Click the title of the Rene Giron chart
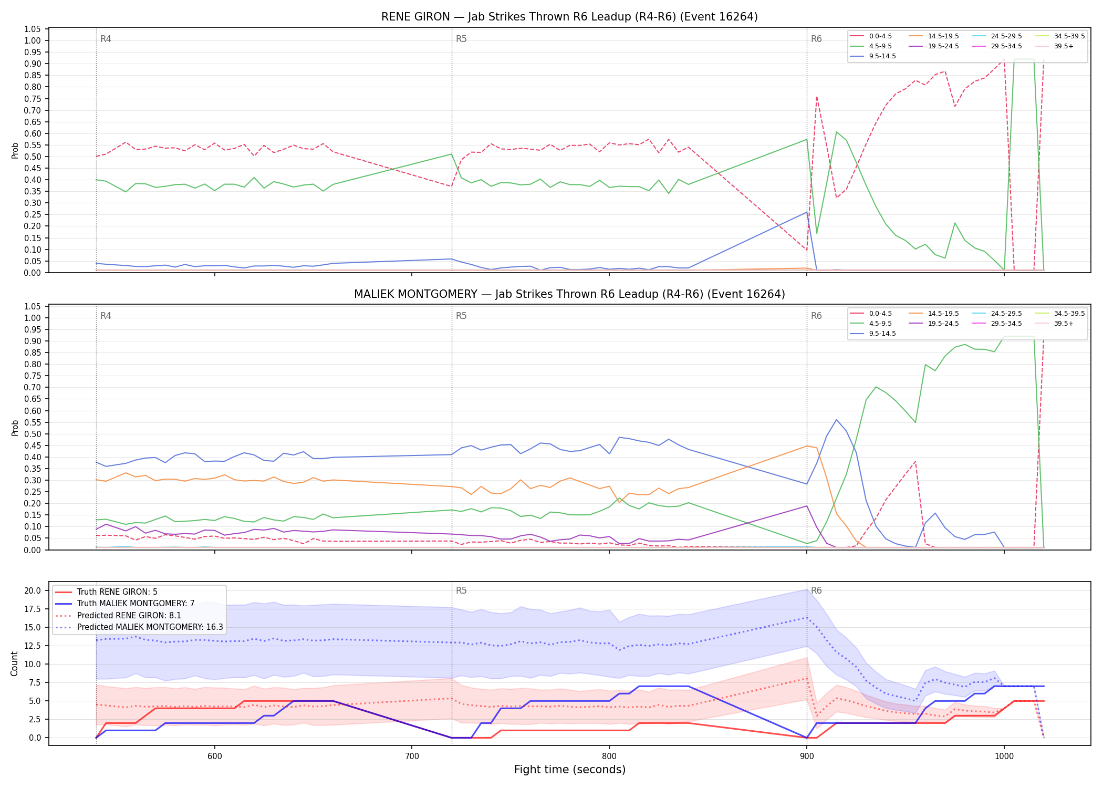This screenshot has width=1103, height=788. [569, 17]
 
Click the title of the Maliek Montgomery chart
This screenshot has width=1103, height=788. [569, 294]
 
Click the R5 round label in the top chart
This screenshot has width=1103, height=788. [461, 39]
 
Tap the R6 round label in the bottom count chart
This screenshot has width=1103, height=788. [816, 590]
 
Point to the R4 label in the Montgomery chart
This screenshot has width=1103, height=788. [106, 316]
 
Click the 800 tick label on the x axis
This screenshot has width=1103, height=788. [609, 756]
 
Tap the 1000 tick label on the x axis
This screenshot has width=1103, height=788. [1004, 756]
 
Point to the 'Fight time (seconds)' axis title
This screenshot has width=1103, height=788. [570, 770]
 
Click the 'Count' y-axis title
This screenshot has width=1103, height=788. [14, 663]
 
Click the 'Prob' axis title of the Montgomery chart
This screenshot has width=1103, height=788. [15, 428]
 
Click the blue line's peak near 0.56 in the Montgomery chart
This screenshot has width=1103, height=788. [836, 420]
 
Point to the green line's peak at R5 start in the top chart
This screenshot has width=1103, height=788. [451, 154]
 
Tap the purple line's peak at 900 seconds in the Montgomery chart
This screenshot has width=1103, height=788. [807, 506]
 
